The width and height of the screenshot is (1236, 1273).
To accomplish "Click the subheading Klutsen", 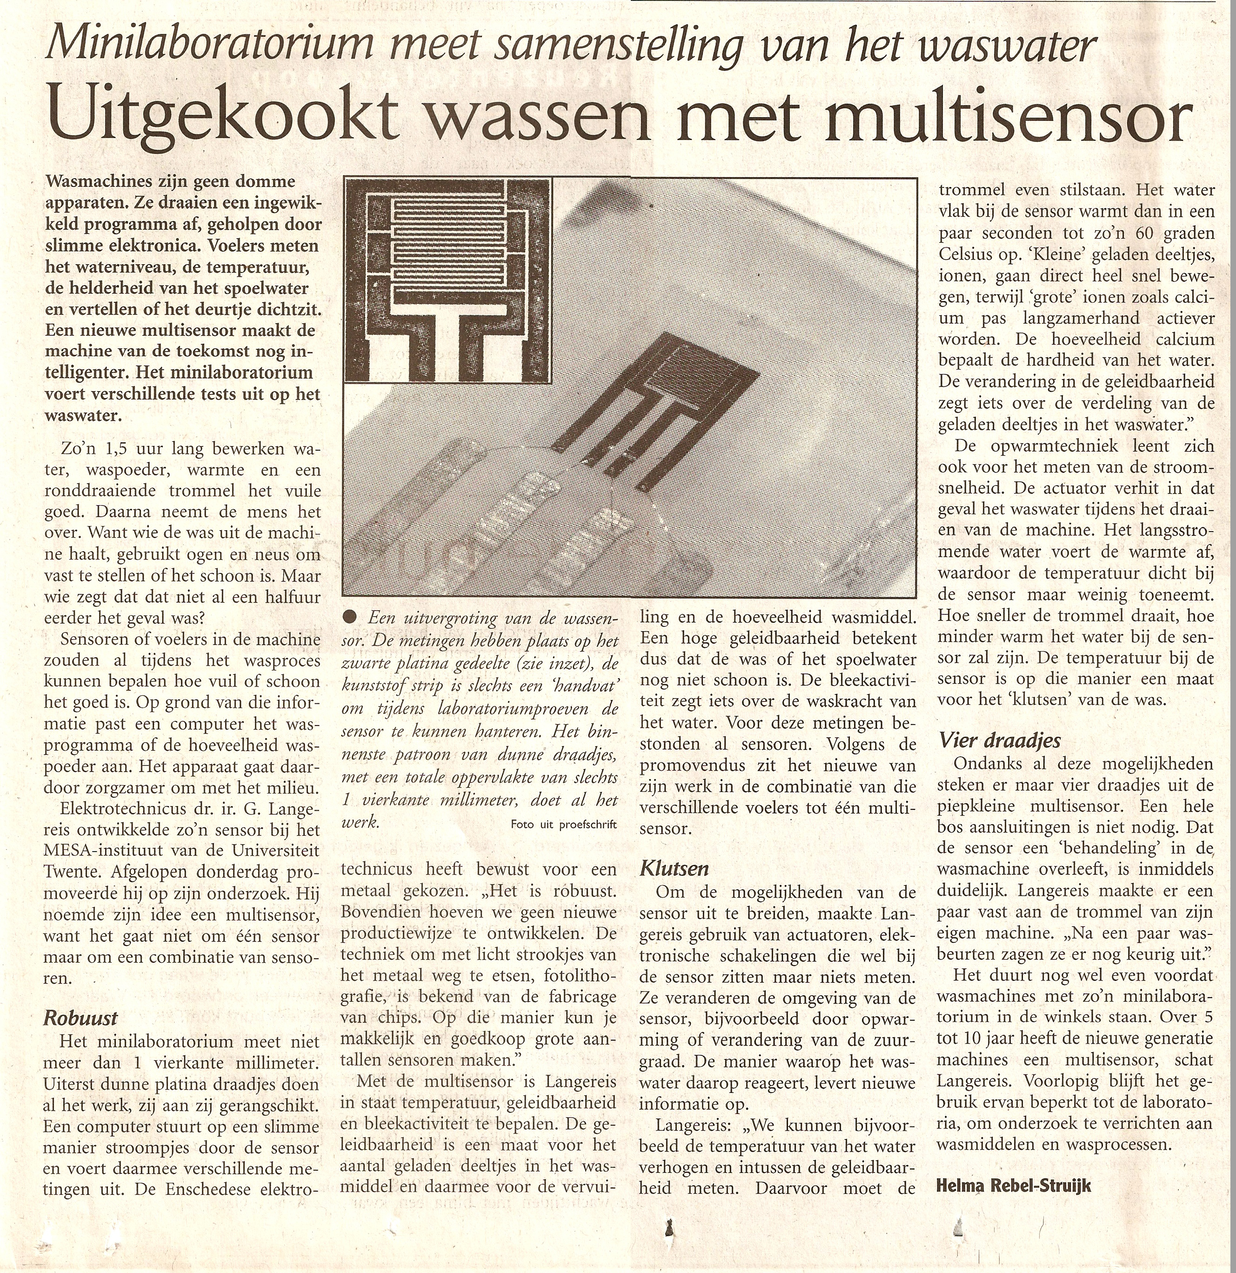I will tap(674, 868).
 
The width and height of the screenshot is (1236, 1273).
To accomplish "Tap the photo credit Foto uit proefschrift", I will tap(563, 825).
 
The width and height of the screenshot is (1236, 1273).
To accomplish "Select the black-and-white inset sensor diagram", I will tap(448, 279).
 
